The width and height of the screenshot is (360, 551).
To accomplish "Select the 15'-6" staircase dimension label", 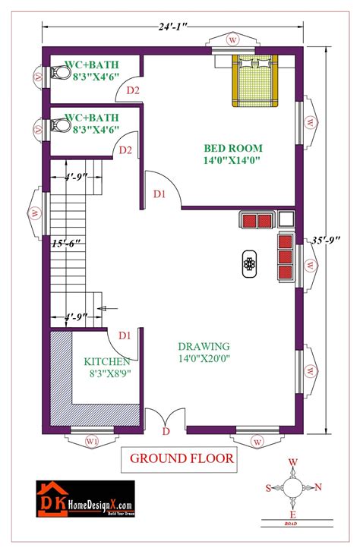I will tap(66, 244).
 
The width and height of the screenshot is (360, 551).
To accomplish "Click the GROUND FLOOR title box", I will tap(182, 458).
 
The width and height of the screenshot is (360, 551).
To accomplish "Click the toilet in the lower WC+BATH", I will tap(61, 125).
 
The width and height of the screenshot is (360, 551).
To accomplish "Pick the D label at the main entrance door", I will tap(166, 432).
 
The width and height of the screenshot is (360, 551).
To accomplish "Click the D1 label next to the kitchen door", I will tap(125, 335).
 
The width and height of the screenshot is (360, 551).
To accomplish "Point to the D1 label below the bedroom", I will tap(159, 195).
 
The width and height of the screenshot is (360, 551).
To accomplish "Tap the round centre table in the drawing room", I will tap(250, 263).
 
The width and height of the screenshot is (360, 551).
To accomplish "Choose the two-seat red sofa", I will tap(257, 220).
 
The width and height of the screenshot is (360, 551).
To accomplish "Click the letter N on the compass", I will tap(318, 487).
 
